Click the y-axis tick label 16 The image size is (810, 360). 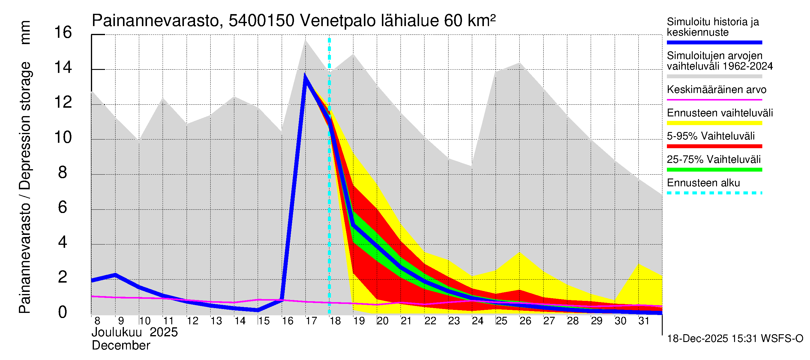[63, 32]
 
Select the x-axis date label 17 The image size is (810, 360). [311, 321]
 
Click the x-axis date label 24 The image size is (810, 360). [477, 321]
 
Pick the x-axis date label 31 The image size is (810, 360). [644, 321]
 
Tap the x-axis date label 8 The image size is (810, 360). [97, 321]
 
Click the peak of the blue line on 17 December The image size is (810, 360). [305, 76]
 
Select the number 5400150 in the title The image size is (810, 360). [261, 21]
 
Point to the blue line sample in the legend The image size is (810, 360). [714, 42]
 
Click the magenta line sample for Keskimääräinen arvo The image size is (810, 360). [714, 100]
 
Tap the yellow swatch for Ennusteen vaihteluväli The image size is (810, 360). [714, 123]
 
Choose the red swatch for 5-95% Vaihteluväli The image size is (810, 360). [714, 146]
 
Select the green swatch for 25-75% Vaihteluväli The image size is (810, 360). [714, 170]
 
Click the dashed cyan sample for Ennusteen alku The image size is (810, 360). [714, 193]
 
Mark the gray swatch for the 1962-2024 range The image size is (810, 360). [714, 76]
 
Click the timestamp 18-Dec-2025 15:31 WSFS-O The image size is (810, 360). [735, 339]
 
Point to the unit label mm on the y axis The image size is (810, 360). [25, 32]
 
